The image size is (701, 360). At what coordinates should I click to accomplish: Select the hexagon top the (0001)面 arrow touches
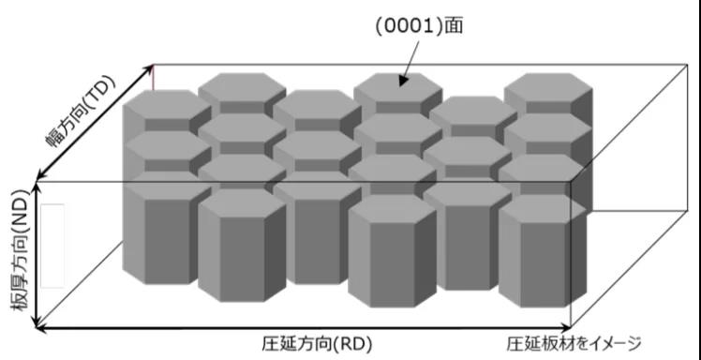[x=398, y=85]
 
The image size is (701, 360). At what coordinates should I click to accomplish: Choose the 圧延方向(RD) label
[x=308, y=343]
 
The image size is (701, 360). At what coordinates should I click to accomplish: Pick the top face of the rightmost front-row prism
[x=535, y=207]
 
